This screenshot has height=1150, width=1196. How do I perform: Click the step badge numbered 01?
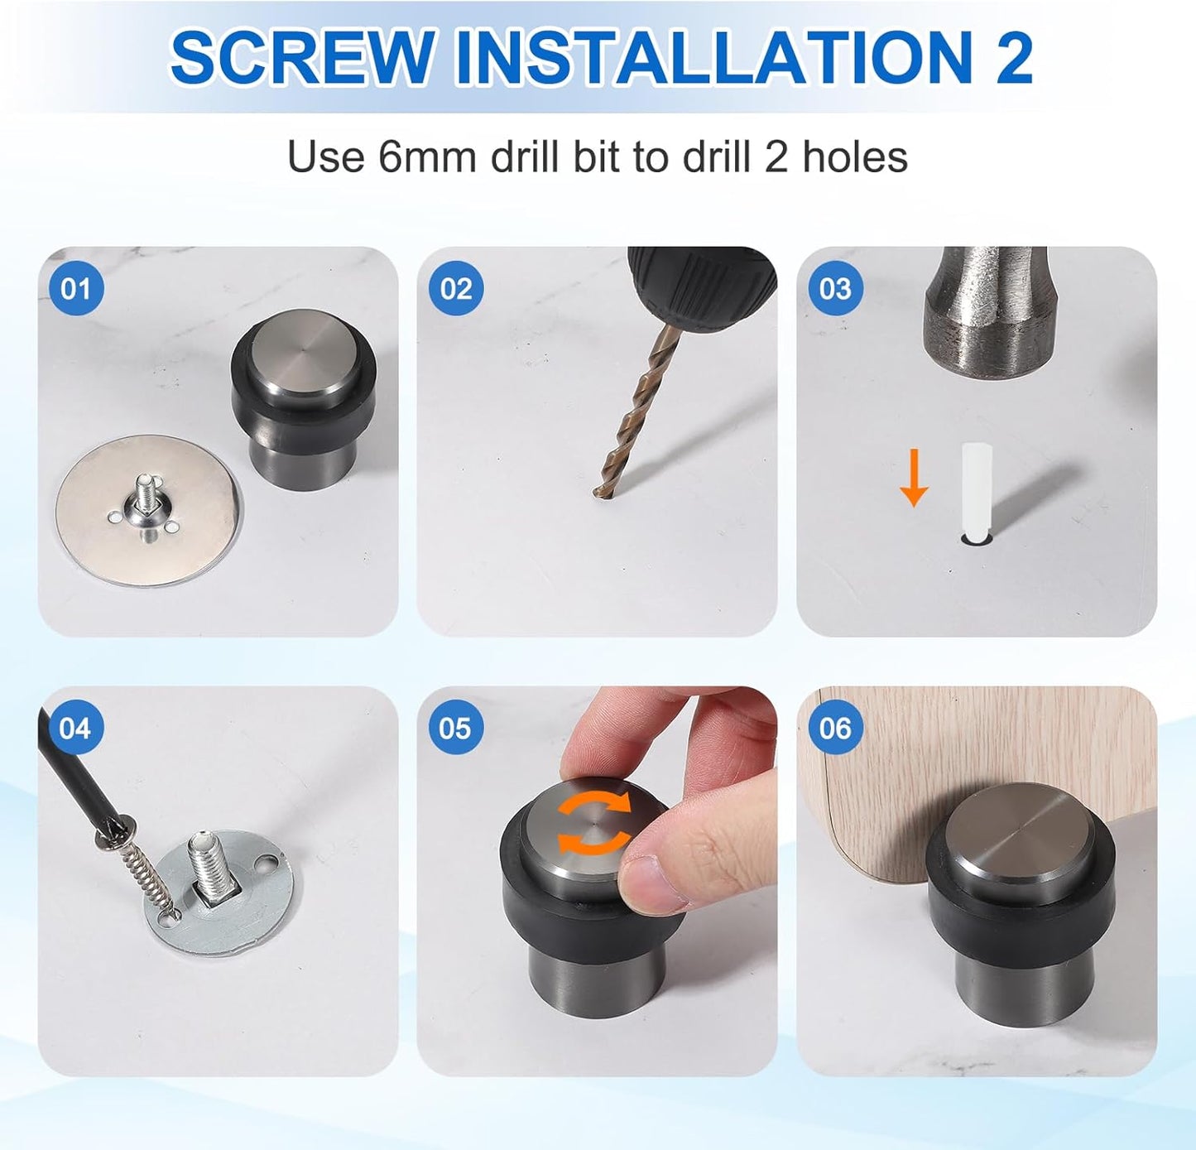click(x=75, y=289)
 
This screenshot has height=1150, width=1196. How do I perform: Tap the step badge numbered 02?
click(x=455, y=289)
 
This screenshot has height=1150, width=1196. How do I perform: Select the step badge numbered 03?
click(x=834, y=289)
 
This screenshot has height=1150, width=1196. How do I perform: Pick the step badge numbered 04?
click(x=75, y=729)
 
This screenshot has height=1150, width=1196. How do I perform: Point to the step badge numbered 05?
click(x=455, y=729)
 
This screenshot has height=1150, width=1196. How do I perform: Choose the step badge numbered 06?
click(x=834, y=729)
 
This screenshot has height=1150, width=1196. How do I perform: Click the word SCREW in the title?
click(x=302, y=58)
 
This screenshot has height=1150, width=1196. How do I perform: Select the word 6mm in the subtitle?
click(x=427, y=156)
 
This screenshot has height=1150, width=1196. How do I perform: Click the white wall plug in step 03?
click(x=977, y=488)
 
